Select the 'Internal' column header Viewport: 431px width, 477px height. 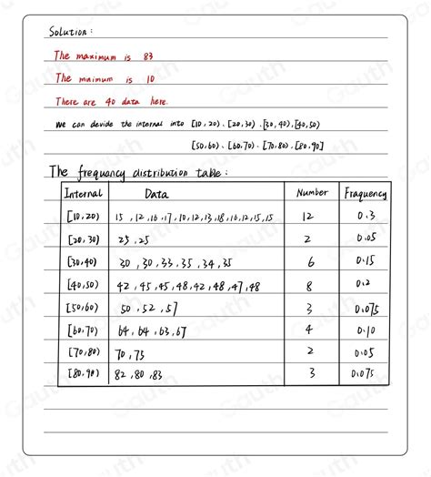84,192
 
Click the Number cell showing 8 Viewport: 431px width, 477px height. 307,284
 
